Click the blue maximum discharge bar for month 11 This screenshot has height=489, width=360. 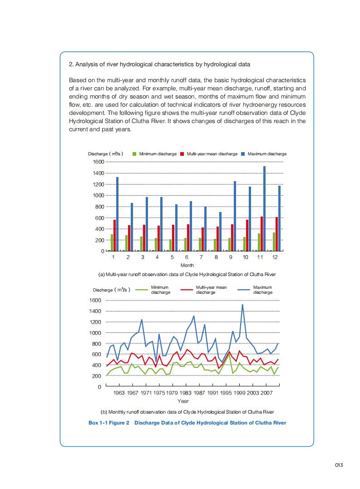point(264,208)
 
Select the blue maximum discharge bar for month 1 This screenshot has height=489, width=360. point(117,214)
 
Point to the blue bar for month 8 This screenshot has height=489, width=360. point(220,232)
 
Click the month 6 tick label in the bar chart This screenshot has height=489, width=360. point(187,257)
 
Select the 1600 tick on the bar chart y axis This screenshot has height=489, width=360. point(99,162)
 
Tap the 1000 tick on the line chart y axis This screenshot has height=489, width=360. point(95,333)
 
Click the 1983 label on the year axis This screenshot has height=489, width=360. point(185,393)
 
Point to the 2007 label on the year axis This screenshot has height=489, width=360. point(266,393)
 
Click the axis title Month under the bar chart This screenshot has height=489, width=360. point(187,265)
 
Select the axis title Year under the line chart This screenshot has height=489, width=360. point(183,401)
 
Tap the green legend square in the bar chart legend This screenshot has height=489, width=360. point(134,154)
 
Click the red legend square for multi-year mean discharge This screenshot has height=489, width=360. point(182,154)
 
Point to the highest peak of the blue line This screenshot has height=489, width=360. point(243,305)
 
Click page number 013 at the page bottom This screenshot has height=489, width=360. point(339,464)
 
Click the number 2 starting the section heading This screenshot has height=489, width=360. point(70,64)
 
